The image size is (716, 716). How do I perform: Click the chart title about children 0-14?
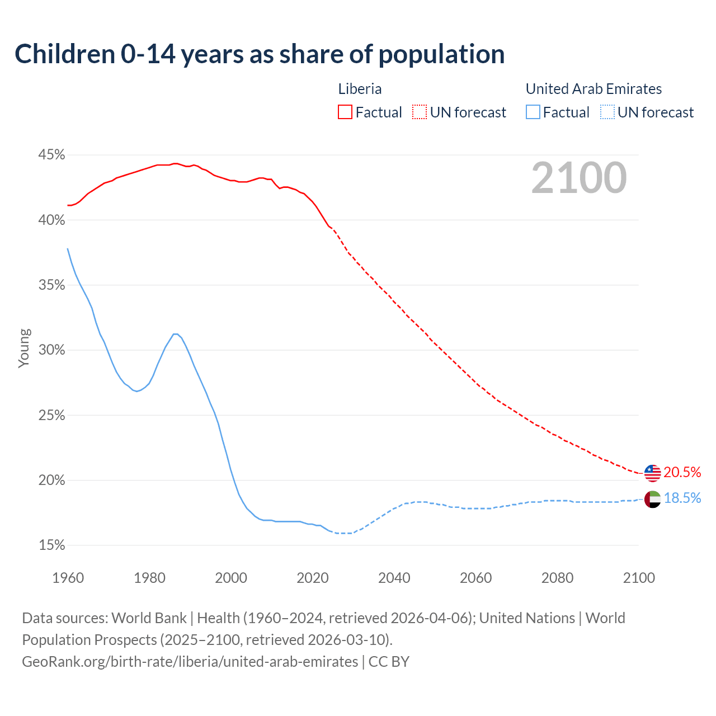click(x=260, y=54)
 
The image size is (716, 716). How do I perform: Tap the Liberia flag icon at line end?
click(x=652, y=473)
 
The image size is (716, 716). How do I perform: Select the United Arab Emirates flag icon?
click(x=652, y=499)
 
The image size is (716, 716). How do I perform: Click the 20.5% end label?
click(x=682, y=473)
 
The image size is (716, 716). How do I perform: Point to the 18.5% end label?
click(x=682, y=498)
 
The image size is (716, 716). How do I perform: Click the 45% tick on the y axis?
click(x=51, y=155)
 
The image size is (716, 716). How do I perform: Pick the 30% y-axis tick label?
click(x=51, y=350)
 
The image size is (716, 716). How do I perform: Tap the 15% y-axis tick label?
click(x=51, y=545)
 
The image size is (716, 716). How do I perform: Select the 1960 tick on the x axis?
click(x=68, y=578)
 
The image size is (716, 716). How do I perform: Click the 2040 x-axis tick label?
click(x=394, y=578)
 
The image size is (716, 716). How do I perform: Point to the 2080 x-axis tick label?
click(x=557, y=578)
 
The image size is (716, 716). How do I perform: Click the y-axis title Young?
click(x=24, y=348)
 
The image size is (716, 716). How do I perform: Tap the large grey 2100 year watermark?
click(x=578, y=178)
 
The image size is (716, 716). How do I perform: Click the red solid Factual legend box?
click(x=345, y=112)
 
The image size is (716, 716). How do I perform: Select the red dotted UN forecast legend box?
click(x=420, y=112)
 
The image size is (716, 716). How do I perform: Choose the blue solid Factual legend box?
click(x=533, y=112)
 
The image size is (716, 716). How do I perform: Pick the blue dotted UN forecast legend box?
click(x=607, y=112)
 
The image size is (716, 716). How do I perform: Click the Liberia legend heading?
click(x=360, y=89)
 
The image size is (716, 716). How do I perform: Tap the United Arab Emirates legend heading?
click(x=593, y=89)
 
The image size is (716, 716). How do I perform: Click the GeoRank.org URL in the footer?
click(x=190, y=662)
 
